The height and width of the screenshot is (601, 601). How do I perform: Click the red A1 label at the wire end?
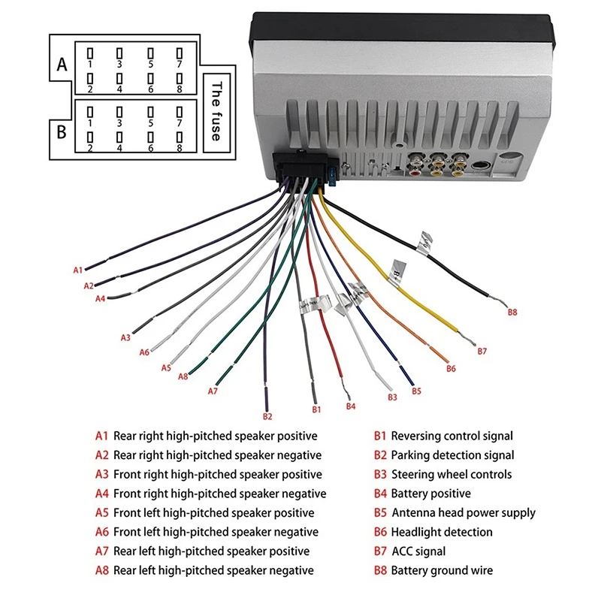tap(77, 270)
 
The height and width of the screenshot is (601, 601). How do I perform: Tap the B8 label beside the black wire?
tap(512, 311)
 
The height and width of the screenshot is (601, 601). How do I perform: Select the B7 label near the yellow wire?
tap(482, 351)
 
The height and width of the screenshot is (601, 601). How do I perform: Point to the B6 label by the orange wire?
tap(451, 369)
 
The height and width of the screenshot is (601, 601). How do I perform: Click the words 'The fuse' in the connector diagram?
tap(216, 110)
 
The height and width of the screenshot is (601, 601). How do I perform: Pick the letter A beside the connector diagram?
tap(62, 65)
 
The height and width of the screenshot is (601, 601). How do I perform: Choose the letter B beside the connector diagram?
tap(62, 132)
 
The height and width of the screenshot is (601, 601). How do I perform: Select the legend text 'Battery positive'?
tap(430, 494)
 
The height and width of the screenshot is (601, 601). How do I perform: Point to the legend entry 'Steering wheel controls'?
tap(451, 474)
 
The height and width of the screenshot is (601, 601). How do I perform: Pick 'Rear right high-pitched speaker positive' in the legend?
tap(215, 436)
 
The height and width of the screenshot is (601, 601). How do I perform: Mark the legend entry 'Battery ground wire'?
tap(442, 571)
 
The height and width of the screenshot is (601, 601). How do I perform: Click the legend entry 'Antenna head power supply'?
tap(464, 513)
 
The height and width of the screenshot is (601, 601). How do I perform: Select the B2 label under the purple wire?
tap(267, 415)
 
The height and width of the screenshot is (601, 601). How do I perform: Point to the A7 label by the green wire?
tap(213, 391)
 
